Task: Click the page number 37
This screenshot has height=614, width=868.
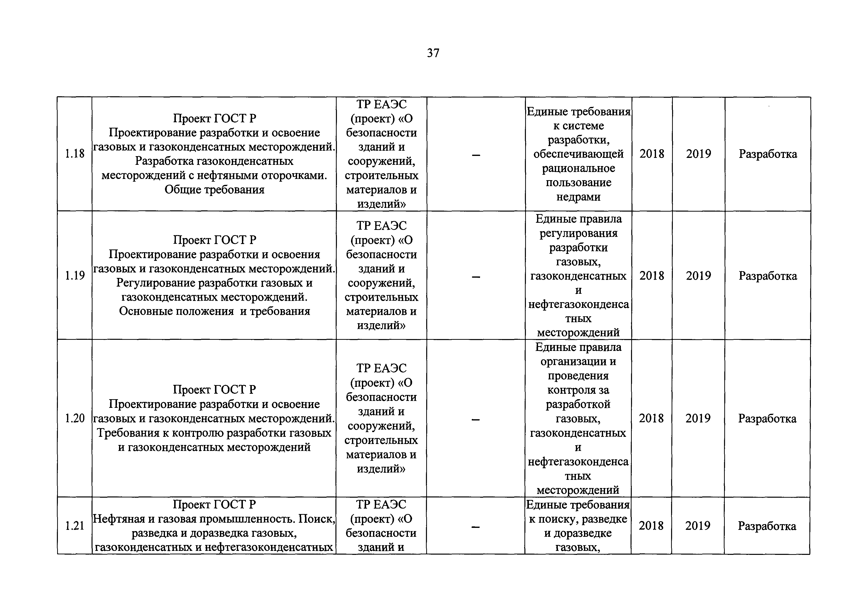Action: (433, 53)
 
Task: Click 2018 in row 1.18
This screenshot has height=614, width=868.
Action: (652, 154)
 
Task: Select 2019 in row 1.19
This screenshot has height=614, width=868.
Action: (698, 275)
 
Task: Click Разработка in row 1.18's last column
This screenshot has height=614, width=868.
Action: (768, 154)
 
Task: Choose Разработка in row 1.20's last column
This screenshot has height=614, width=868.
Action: (767, 418)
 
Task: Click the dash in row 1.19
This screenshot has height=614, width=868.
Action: (476, 277)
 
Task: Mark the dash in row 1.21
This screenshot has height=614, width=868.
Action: (476, 527)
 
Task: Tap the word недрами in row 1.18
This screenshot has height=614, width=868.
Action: (578, 197)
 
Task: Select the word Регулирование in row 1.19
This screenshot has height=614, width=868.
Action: (156, 283)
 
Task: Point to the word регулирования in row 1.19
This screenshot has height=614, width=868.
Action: (578, 233)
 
